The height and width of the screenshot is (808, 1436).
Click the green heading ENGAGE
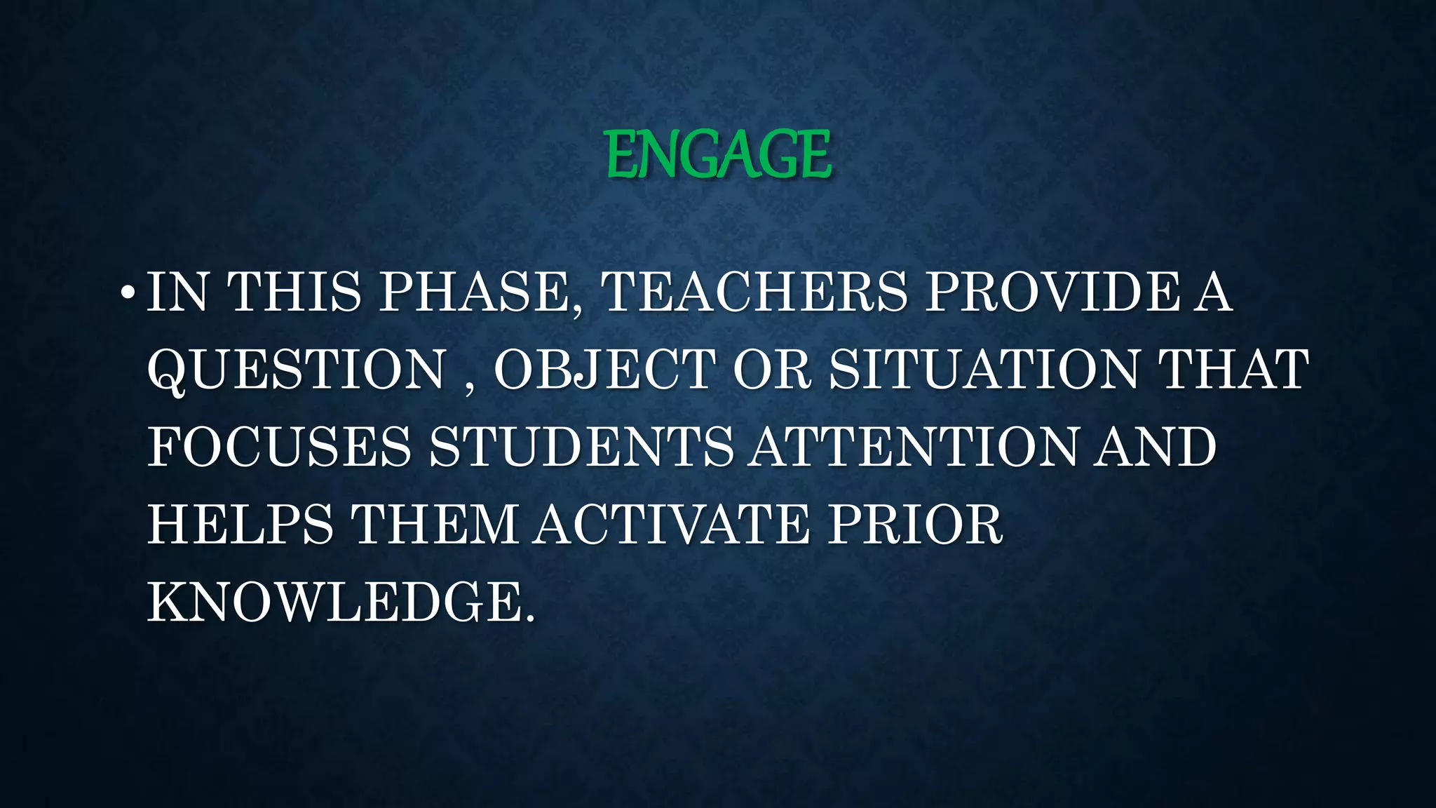coord(718,154)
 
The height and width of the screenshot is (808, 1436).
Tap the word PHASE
coord(480,292)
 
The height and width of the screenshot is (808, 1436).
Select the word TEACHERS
coord(754,292)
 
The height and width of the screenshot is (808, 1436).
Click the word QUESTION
coord(297,370)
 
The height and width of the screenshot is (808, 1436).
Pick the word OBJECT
coord(604,370)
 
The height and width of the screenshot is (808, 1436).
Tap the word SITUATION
coord(984,370)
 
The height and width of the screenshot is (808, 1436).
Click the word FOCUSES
coord(279,447)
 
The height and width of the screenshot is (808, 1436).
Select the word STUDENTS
coord(581,447)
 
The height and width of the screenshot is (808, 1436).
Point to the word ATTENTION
coord(913,447)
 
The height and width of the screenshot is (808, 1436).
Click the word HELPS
coord(240,525)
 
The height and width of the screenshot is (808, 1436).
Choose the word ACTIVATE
coord(671,525)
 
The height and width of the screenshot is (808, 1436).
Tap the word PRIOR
coord(915,525)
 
